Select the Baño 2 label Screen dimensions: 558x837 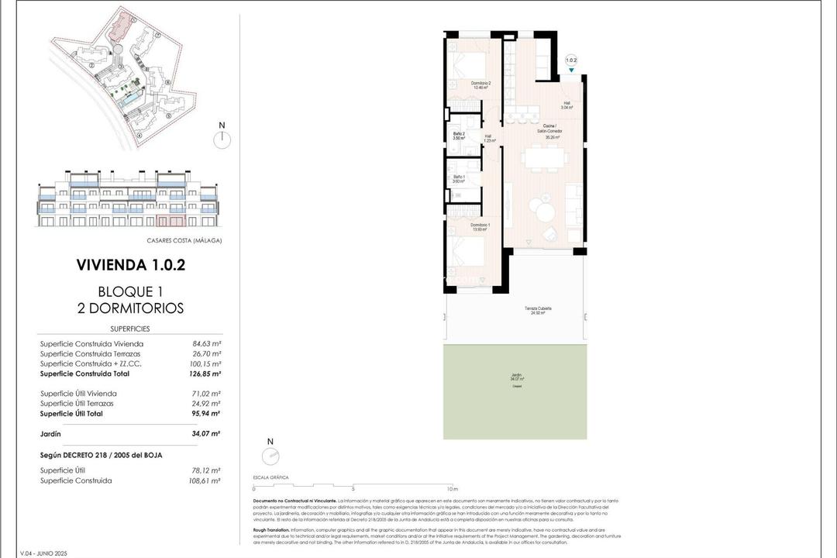pos(459,136)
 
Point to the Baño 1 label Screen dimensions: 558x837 pos(459,178)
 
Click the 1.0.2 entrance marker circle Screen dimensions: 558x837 pos(571,60)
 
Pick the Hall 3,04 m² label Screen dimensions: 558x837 pos(567,105)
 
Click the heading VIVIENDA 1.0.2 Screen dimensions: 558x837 pos(130,265)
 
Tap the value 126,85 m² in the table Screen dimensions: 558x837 pos(207,374)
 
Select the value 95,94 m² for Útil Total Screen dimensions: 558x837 pos(207,414)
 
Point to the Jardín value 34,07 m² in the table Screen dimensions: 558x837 pos(207,434)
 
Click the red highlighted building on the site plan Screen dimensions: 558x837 pos(119,29)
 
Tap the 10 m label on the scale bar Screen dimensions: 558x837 pos(453,489)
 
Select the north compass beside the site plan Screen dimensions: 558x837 pos(222,138)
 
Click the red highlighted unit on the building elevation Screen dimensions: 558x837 pos(178,221)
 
